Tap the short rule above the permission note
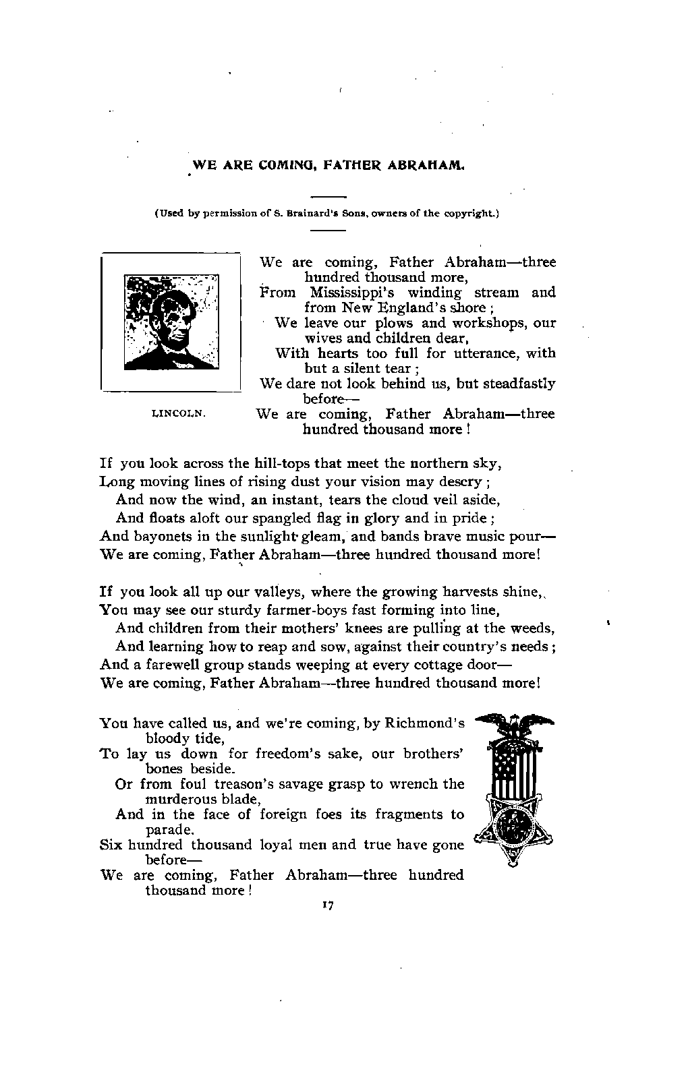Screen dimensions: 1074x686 (x=328, y=197)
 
